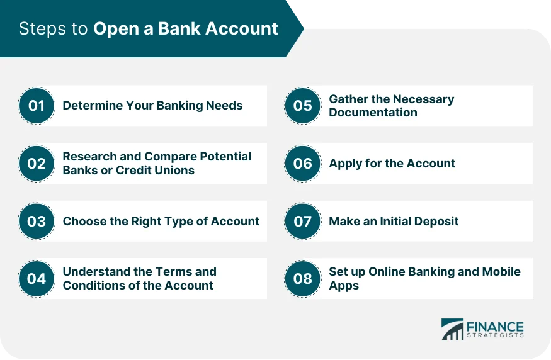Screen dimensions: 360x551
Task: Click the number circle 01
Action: click(x=37, y=106)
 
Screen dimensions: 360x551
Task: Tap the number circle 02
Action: click(x=37, y=164)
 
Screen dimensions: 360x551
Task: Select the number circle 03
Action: click(x=37, y=221)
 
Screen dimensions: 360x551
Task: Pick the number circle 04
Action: click(x=37, y=278)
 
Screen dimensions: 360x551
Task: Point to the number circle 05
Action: click(x=303, y=106)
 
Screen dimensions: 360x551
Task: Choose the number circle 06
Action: click(x=303, y=164)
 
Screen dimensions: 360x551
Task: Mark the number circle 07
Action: click(x=303, y=221)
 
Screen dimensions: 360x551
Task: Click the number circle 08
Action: click(x=303, y=278)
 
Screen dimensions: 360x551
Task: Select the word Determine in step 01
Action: click(x=91, y=106)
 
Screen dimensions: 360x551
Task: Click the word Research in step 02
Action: click(x=89, y=157)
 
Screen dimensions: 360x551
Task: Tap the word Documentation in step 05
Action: click(x=373, y=113)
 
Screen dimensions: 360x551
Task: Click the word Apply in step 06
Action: click(x=344, y=164)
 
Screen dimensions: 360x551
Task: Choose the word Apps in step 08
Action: click(x=344, y=285)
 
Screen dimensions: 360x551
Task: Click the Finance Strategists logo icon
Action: click(x=452, y=330)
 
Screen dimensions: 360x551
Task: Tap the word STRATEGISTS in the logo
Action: click(x=495, y=336)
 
